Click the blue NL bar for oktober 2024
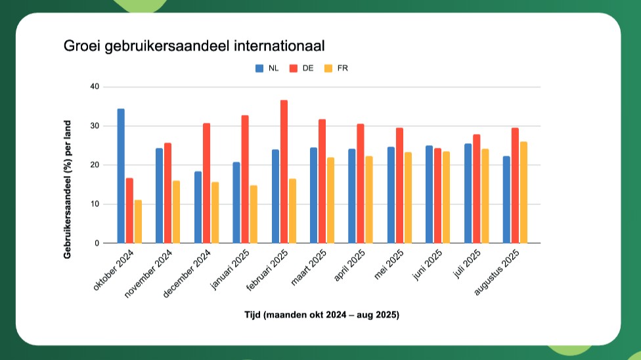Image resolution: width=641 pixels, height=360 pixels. point(121,176)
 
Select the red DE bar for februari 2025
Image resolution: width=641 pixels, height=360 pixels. point(284,171)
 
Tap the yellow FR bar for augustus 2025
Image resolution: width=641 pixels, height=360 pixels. point(523,192)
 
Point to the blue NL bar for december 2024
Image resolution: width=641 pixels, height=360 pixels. point(198,207)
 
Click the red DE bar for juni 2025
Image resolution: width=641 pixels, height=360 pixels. point(437,196)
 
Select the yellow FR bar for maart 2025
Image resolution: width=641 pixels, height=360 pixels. point(330,200)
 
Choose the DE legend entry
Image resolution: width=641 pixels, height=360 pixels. point(302,68)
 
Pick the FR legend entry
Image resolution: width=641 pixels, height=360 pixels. point(337,68)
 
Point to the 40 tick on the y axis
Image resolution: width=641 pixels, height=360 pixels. point(95,87)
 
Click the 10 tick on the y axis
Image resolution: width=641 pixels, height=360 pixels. point(95,204)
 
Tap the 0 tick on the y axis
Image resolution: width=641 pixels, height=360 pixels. point(97,244)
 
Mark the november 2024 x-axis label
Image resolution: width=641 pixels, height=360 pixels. point(149,275)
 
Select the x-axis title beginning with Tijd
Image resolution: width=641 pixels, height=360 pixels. point(321,315)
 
